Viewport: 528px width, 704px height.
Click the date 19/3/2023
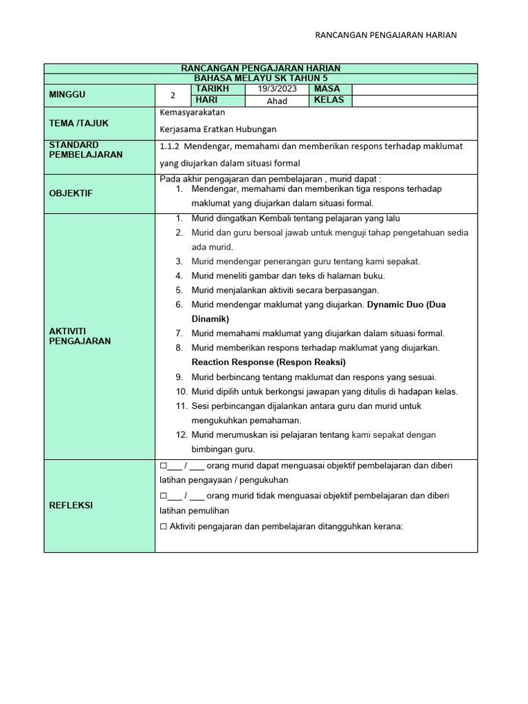277,89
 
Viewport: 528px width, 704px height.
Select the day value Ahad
277,101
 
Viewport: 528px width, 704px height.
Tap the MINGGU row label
67,95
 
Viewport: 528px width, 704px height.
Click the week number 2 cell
173,96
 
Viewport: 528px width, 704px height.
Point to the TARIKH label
211,89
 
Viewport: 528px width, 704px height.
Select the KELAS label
329,100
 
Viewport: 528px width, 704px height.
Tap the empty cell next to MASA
414,89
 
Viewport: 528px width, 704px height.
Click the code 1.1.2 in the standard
169,146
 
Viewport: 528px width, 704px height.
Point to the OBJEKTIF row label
70,193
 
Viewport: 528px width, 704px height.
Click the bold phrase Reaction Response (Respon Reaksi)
268,362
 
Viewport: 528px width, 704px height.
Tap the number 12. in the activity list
181,435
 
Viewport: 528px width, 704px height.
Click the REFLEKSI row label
71,505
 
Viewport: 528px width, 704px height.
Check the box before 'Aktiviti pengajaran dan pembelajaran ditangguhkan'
163,527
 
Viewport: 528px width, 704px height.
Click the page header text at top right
386,35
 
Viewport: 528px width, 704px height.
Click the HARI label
206,100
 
